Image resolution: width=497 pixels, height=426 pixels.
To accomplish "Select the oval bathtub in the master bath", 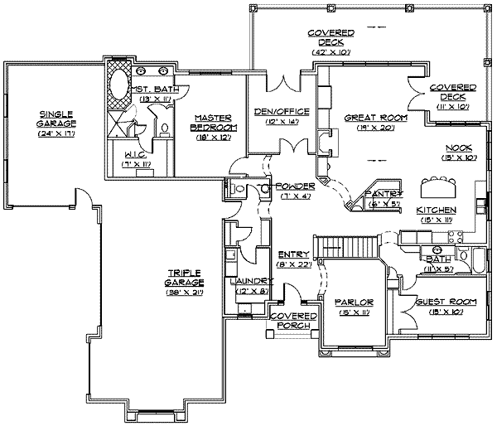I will [118, 85].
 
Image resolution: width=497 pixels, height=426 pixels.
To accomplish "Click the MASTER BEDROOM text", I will [214, 123].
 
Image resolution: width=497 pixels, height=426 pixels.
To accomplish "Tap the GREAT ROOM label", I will [375, 118].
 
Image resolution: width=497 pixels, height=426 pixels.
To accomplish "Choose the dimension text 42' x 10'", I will [331, 52].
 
